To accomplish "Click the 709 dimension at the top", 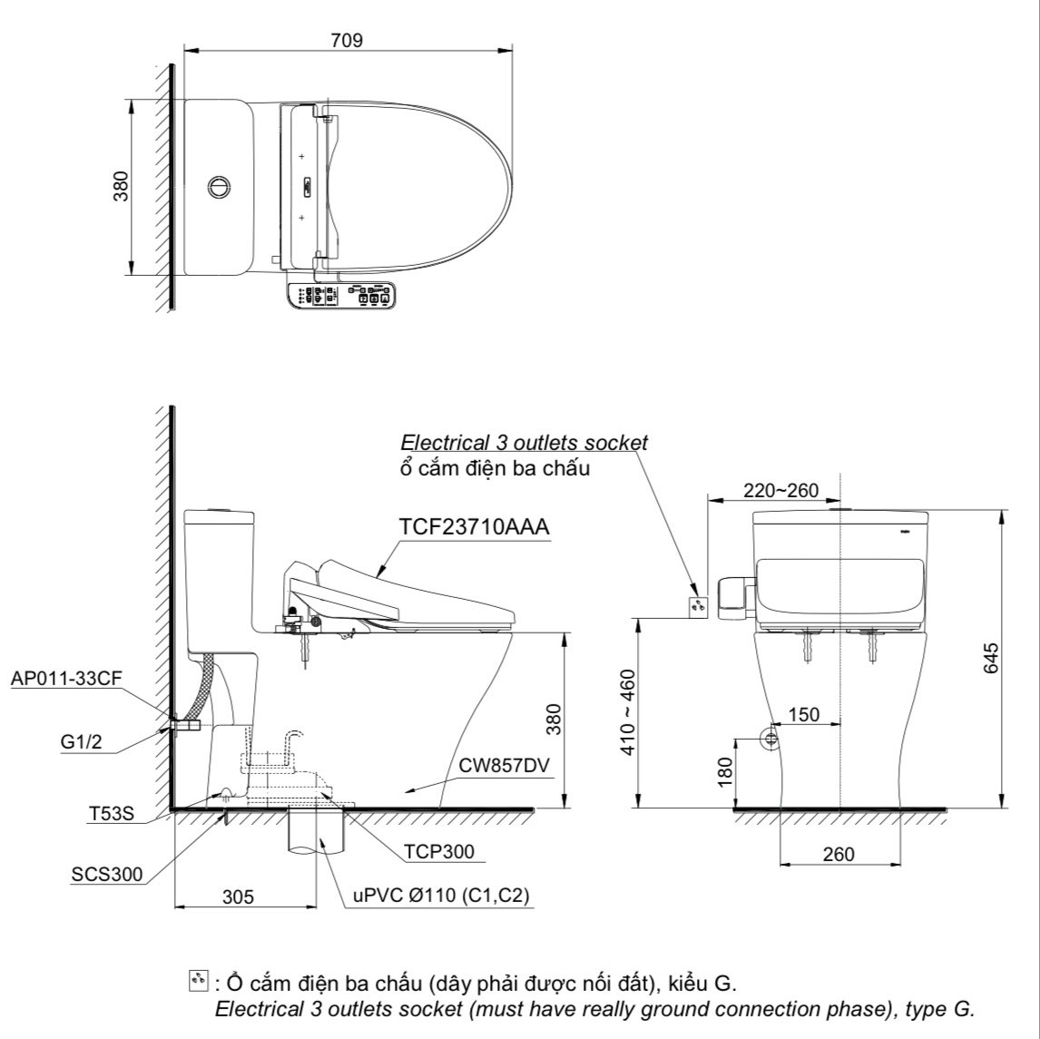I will pyautogui.click(x=348, y=40).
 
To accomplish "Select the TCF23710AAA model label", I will pyautogui.click(x=474, y=528).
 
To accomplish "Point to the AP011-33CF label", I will pyautogui.click(x=66, y=678).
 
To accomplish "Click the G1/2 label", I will pyautogui.click(x=82, y=742).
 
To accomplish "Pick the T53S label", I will pyautogui.click(x=112, y=814).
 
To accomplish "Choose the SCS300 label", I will pyautogui.click(x=107, y=874).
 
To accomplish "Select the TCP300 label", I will pyautogui.click(x=439, y=852).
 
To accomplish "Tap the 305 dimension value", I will pyautogui.click(x=238, y=897).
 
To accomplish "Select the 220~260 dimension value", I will pyautogui.click(x=780, y=491).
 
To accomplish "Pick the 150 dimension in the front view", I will pyautogui.click(x=803, y=714).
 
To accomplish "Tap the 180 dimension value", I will pyautogui.click(x=724, y=772).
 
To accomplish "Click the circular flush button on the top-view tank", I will pyautogui.click(x=218, y=186).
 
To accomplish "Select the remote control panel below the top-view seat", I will pyautogui.click(x=342, y=297).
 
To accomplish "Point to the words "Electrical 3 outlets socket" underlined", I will pyautogui.click(x=525, y=443).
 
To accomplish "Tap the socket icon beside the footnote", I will pyautogui.click(x=197, y=981).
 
